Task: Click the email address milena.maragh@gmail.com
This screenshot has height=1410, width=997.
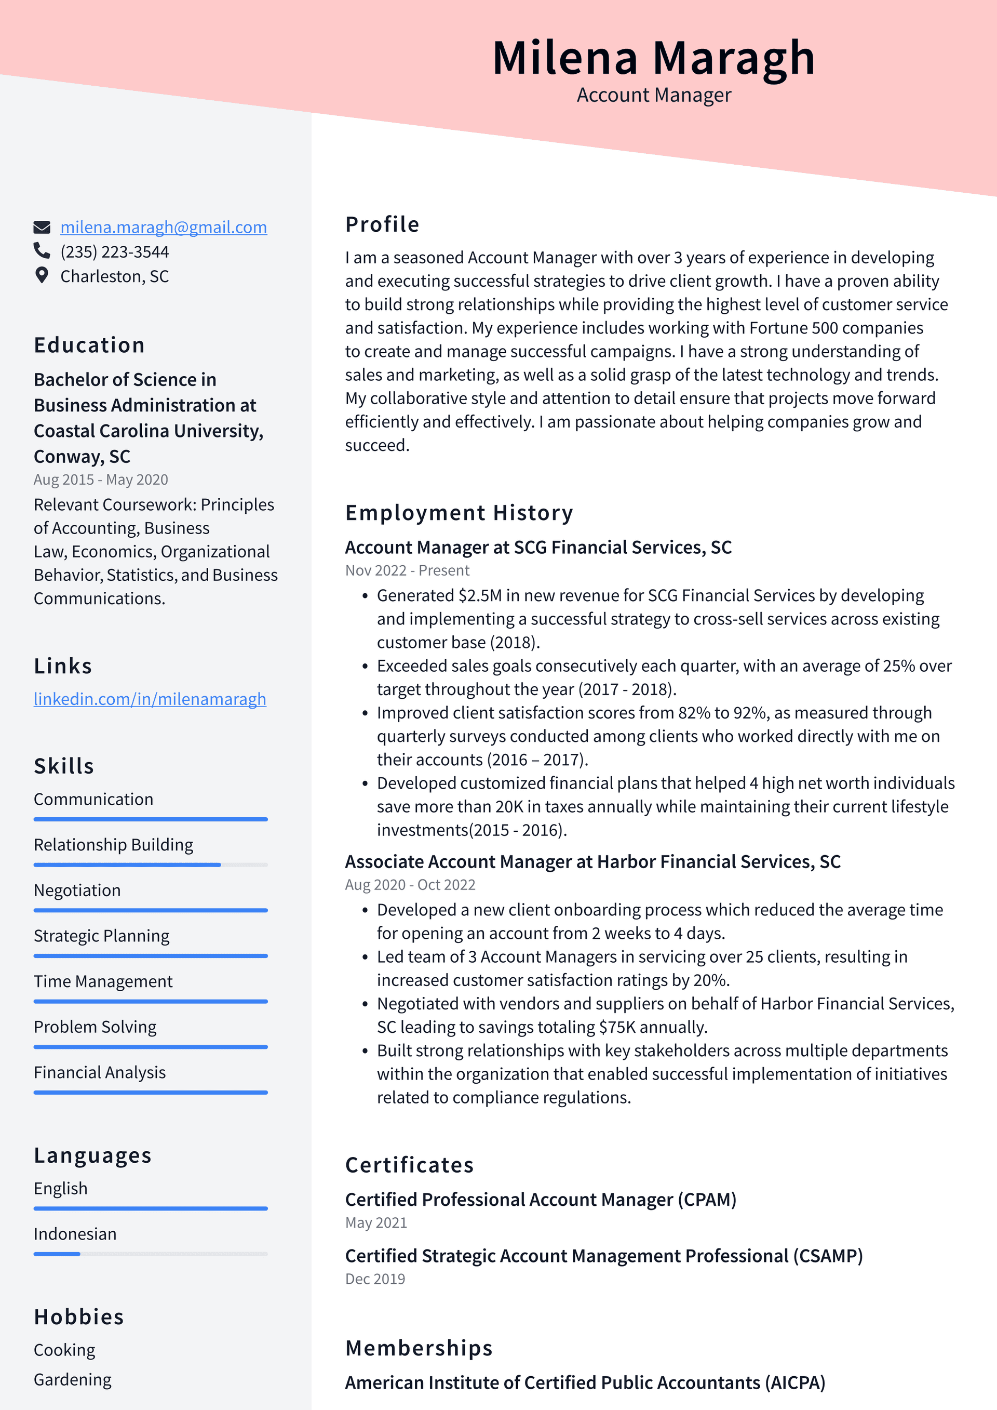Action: point(163,227)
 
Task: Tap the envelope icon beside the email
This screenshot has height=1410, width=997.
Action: point(42,227)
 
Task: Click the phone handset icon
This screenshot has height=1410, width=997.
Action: point(42,250)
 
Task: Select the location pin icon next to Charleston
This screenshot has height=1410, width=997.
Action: point(42,276)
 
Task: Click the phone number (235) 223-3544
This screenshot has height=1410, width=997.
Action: point(114,252)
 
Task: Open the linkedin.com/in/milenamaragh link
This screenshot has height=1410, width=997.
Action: point(150,699)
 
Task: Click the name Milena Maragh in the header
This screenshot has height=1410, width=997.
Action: point(653,58)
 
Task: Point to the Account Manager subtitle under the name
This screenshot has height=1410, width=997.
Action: point(653,95)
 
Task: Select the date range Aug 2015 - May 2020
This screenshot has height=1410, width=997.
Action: point(101,480)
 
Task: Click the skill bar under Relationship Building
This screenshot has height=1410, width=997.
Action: point(151,864)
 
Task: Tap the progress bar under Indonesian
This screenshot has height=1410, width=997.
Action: point(151,1254)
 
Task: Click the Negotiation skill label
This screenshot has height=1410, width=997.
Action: point(77,890)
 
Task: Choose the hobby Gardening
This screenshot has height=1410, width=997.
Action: point(73,1379)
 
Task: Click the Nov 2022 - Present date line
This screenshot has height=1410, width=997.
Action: point(407,570)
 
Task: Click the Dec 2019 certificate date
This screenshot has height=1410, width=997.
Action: point(375,1279)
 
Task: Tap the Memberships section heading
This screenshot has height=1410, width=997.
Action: point(419,1348)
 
